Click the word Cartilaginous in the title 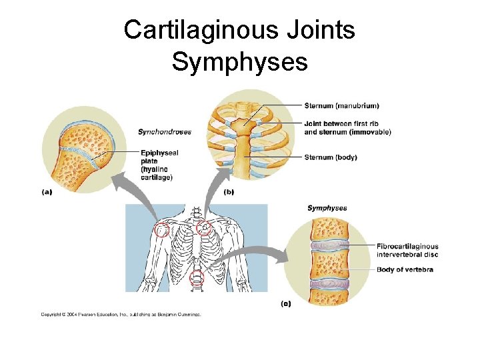[207, 29]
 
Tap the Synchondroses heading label [165, 131]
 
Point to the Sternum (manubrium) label [341, 105]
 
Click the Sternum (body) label [331, 157]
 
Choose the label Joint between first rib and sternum [347, 127]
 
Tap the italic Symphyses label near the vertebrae [327, 208]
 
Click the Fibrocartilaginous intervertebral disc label [407, 250]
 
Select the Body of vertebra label [405, 269]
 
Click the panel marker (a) [47, 191]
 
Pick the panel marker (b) [229, 191]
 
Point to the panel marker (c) [285, 303]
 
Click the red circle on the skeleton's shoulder [161, 231]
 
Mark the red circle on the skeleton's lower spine [197, 279]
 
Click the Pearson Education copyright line [121, 314]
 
